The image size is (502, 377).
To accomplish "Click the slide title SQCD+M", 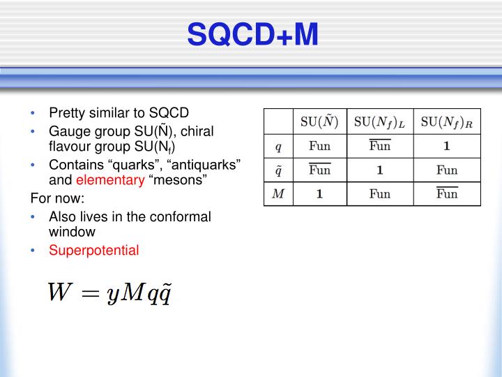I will (x=253, y=34).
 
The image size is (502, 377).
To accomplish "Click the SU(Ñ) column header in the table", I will (x=319, y=121).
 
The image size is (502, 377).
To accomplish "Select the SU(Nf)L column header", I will (x=380, y=121).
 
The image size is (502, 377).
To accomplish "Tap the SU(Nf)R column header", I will (x=447, y=121).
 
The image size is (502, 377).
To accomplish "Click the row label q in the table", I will (x=278, y=146).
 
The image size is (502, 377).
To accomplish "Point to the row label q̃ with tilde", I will (x=278, y=170).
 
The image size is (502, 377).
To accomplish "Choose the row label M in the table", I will (x=278, y=193).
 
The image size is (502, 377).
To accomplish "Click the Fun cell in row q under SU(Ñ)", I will (x=319, y=147).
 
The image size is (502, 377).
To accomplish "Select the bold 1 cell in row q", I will (x=447, y=147).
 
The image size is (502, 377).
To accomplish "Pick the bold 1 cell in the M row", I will (x=319, y=193).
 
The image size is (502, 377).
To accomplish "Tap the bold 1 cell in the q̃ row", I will (x=380, y=170).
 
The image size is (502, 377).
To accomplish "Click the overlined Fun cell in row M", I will (x=447, y=193).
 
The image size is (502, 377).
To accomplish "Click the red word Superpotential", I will (x=94, y=250).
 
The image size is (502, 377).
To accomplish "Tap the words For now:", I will (x=55, y=198).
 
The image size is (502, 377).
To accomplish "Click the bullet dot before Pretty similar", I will (x=35, y=114).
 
